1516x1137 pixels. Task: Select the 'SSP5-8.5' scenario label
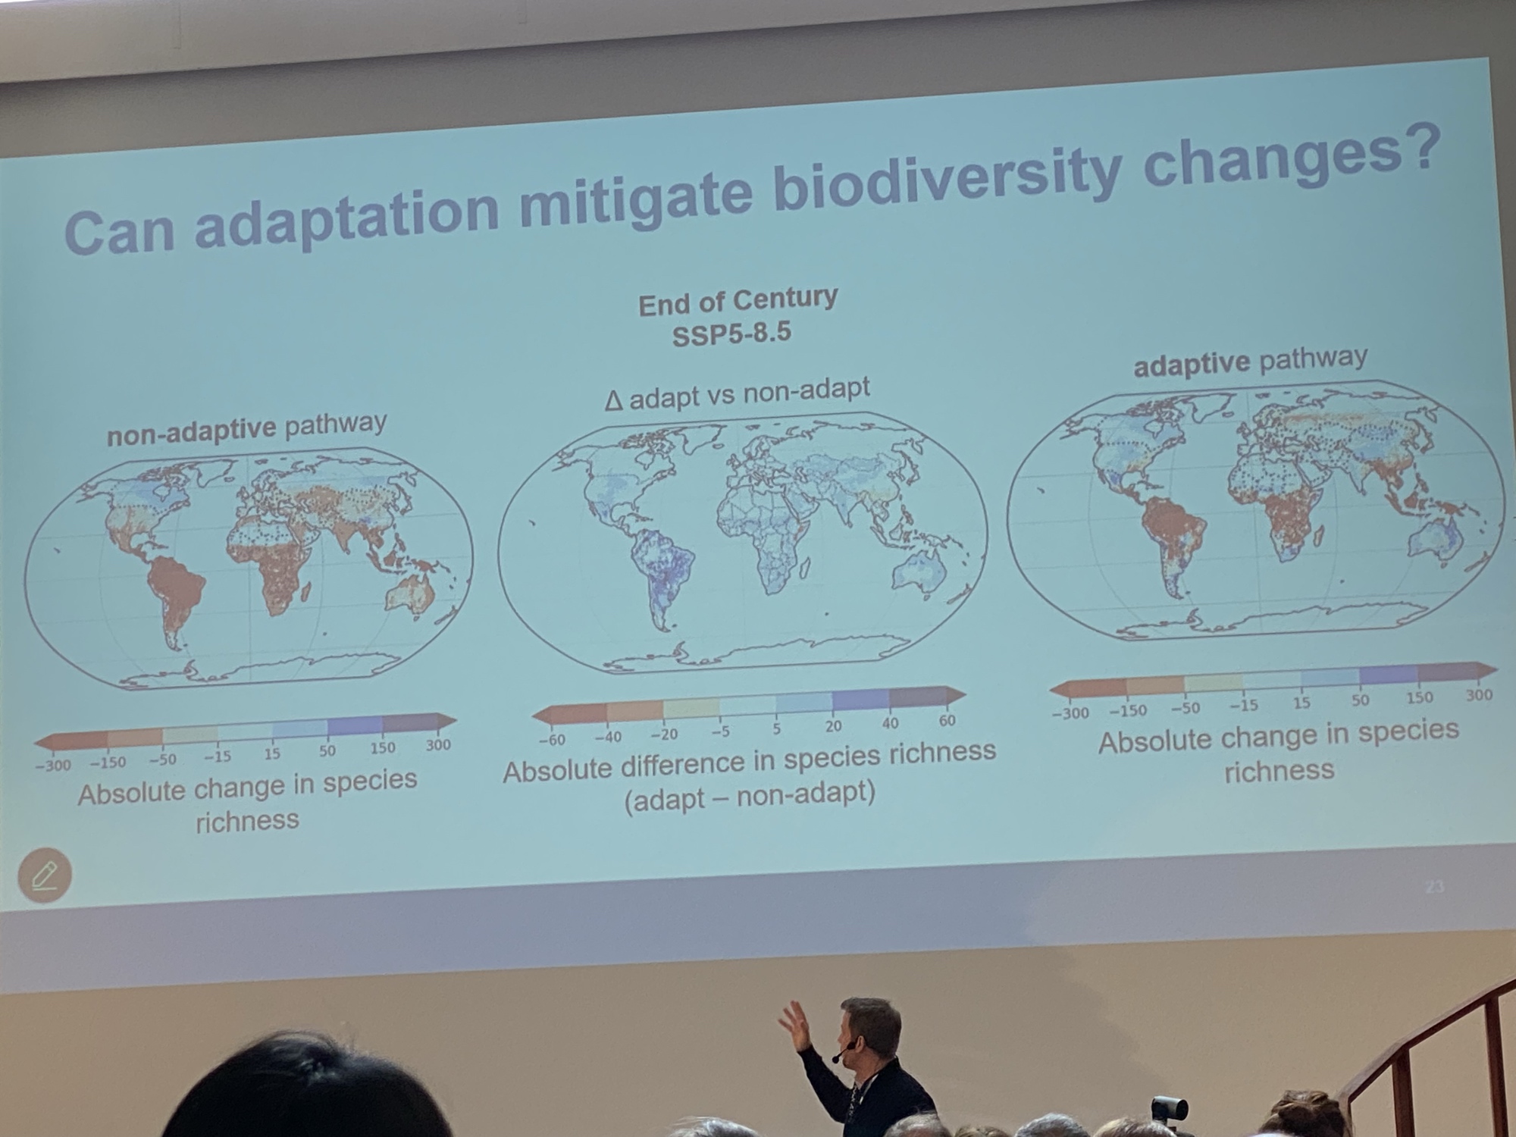tap(731, 334)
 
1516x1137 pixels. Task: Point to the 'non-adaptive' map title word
tap(191, 432)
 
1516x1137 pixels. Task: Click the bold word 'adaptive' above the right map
tap(1191, 365)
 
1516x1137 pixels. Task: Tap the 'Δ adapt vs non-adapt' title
tap(738, 393)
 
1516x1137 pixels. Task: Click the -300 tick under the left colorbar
tap(53, 765)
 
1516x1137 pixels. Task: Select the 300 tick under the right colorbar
tap(1479, 694)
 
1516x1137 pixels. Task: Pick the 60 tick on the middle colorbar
tap(947, 721)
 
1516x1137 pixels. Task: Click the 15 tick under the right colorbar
tap(1301, 703)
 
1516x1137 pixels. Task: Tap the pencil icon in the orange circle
tap(45, 875)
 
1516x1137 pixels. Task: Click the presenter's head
tap(869, 1029)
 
